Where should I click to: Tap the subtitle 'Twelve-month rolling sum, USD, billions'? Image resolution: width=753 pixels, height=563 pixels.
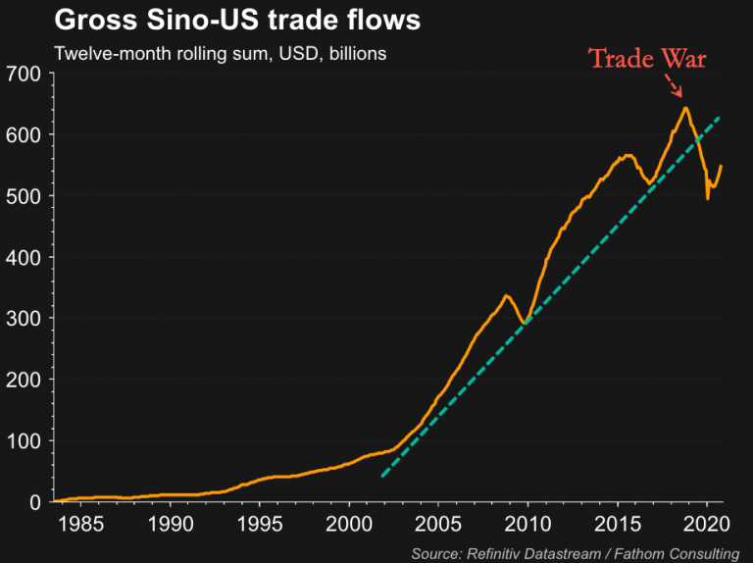click(220, 53)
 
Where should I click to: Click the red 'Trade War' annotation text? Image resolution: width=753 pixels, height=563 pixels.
click(647, 59)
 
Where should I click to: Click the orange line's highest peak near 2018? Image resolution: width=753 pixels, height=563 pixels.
click(685, 108)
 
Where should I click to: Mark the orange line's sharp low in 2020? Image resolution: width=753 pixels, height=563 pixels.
click(708, 198)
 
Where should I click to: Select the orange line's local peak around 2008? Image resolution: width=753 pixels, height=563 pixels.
click(506, 295)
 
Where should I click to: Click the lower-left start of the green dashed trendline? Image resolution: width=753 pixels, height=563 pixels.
click(381, 478)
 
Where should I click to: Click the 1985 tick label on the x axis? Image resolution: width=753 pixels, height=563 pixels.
click(80, 520)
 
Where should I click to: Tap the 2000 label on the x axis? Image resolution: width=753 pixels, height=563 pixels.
click(350, 520)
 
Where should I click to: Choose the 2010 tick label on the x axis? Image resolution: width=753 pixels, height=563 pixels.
click(529, 520)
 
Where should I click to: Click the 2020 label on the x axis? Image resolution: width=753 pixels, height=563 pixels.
click(708, 520)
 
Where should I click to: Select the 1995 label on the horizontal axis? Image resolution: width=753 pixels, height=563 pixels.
click(260, 520)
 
